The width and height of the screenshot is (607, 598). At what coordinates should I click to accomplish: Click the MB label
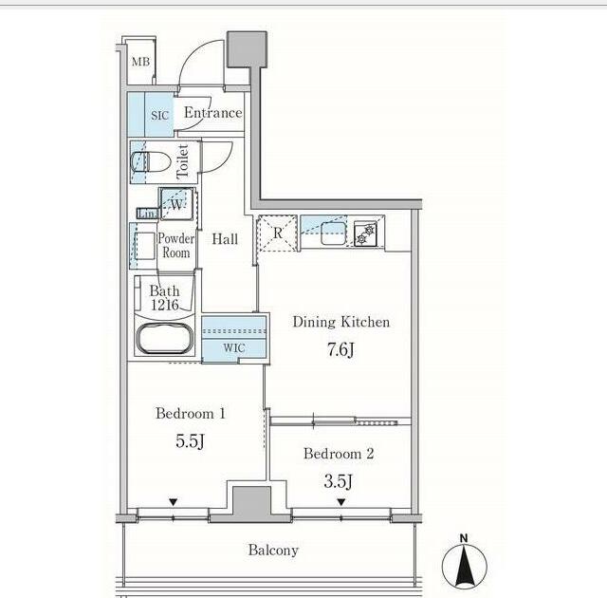(x=140, y=63)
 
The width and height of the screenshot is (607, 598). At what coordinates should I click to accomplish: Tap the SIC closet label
(x=159, y=116)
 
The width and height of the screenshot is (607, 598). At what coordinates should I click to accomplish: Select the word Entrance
(x=212, y=114)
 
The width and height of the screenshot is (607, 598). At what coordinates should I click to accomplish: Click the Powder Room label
(x=175, y=246)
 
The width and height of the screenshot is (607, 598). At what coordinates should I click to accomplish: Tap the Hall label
(x=225, y=240)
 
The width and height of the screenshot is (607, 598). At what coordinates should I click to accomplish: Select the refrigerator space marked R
(x=277, y=234)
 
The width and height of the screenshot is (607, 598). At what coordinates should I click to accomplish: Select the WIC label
(x=233, y=348)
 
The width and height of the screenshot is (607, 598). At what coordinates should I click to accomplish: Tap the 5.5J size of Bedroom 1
(x=190, y=442)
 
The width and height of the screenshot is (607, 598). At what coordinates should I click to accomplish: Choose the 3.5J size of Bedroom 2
(x=339, y=480)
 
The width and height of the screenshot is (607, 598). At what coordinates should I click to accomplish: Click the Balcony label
(x=273, y=551)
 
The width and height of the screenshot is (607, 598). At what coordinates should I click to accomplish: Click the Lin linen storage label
(x=146, y=214)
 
